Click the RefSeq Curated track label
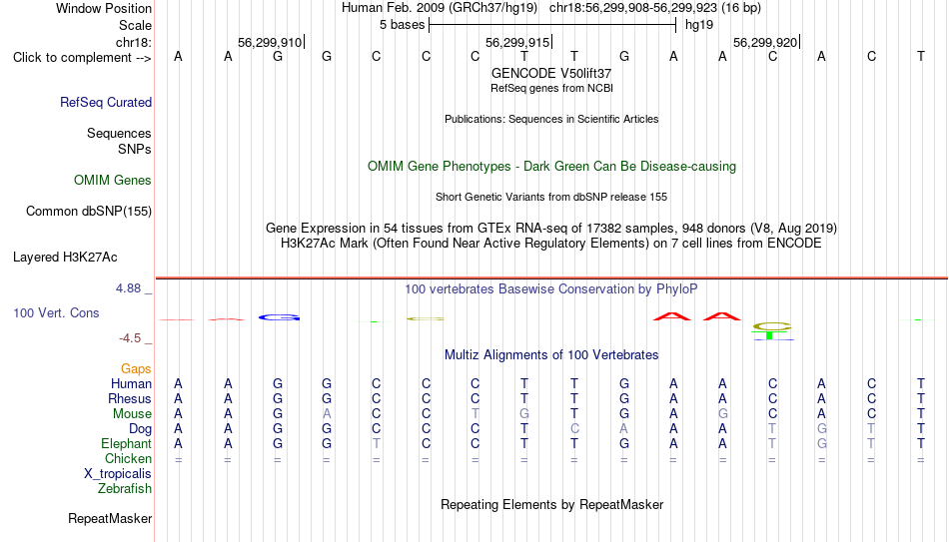106,102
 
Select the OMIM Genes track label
113,181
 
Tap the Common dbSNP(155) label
89,212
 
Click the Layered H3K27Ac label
65,258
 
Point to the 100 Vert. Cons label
56,312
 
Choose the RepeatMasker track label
110,518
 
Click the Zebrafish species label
125,488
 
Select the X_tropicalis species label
118,474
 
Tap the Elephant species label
127,443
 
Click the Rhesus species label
130,398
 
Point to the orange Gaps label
136,369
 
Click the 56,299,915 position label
517,42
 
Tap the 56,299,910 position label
270,42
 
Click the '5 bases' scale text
402,25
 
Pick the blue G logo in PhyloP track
279,317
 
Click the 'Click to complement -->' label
82,58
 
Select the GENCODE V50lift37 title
551,73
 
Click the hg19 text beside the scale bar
699,25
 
